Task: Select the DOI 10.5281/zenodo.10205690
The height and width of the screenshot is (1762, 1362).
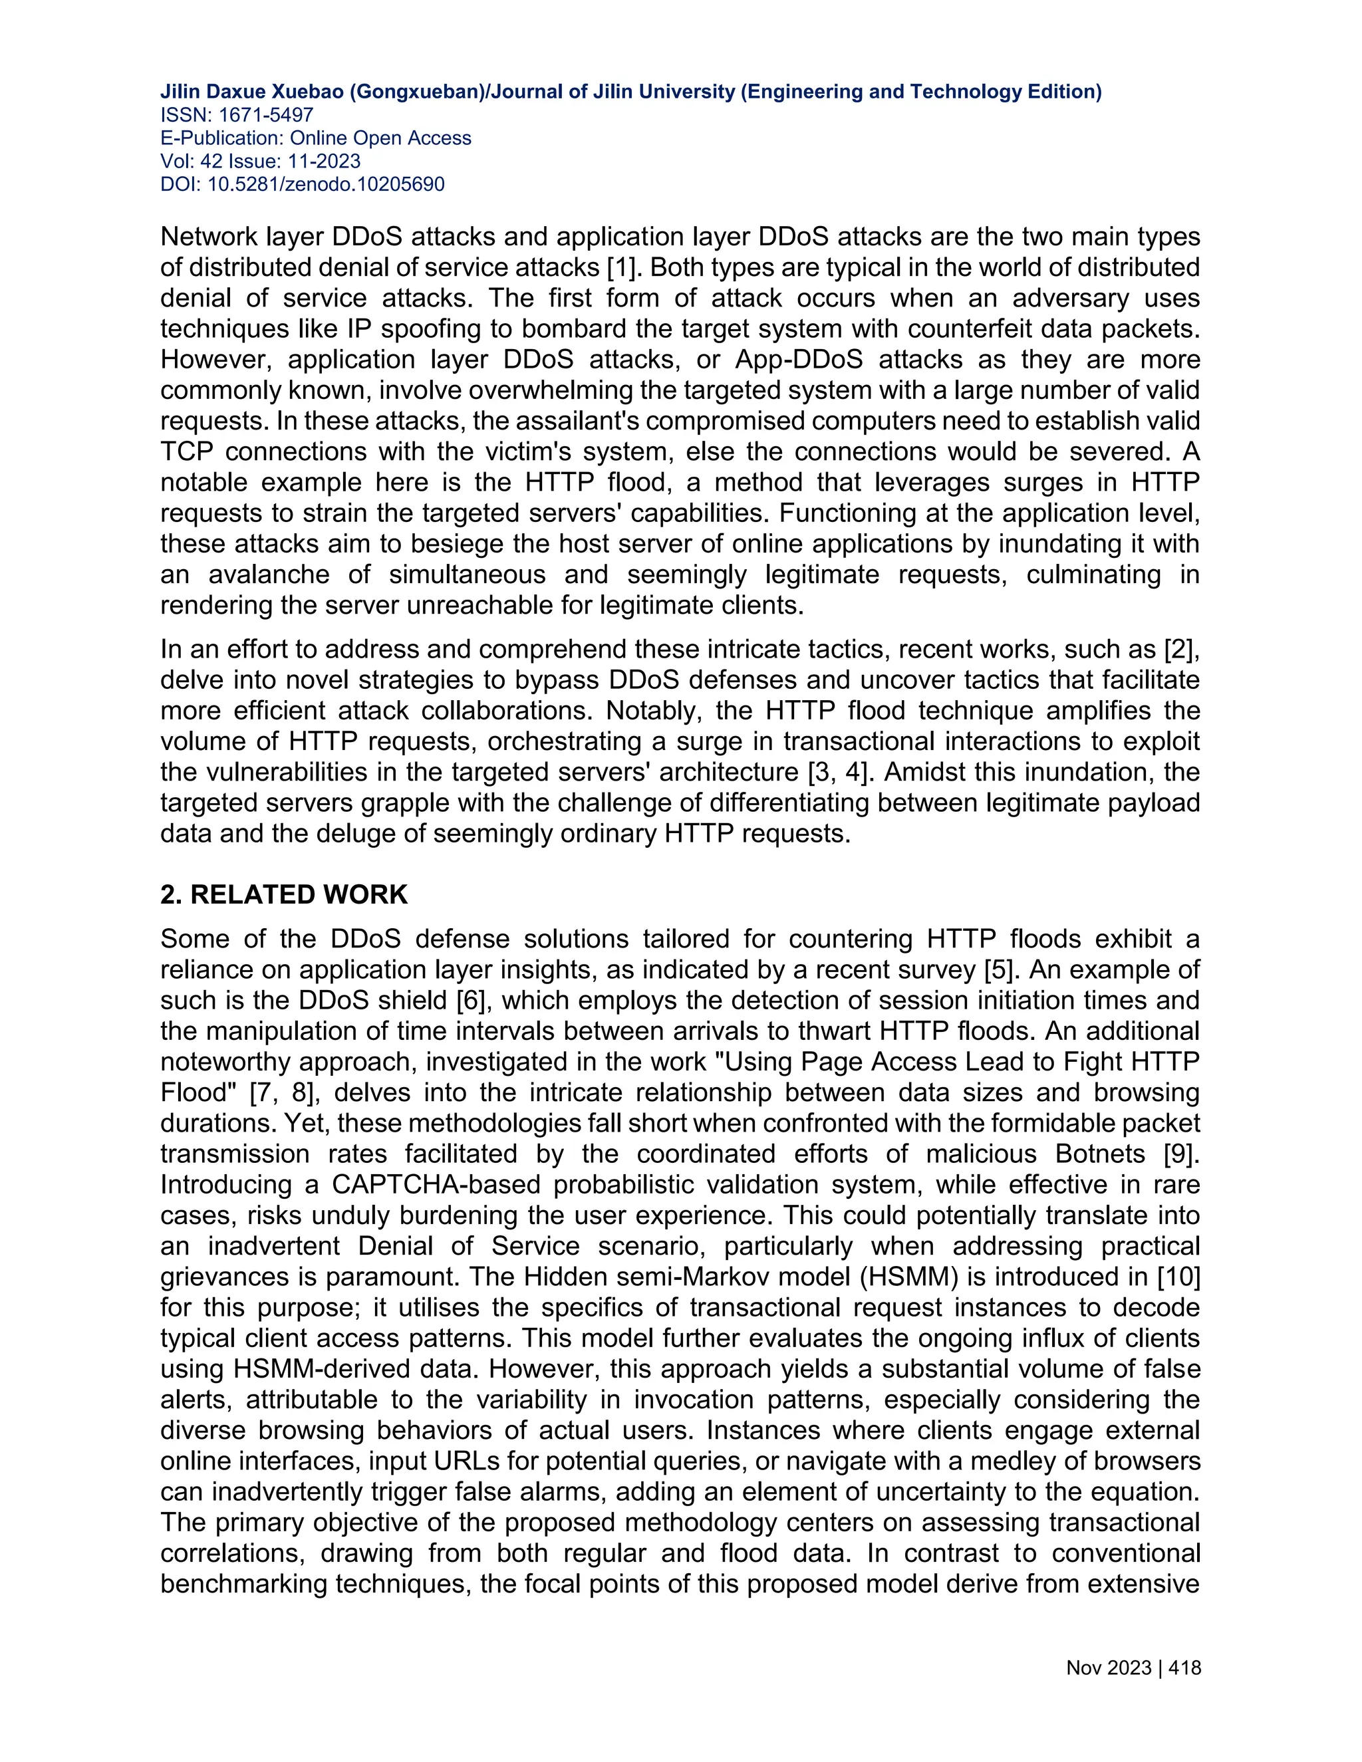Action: coord(325,185)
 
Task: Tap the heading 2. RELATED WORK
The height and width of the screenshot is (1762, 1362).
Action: coord(284,895)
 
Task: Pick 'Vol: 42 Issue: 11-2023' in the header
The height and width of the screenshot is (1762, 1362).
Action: coord(261,162)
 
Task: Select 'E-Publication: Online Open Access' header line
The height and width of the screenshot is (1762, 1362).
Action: coord(315,138)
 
